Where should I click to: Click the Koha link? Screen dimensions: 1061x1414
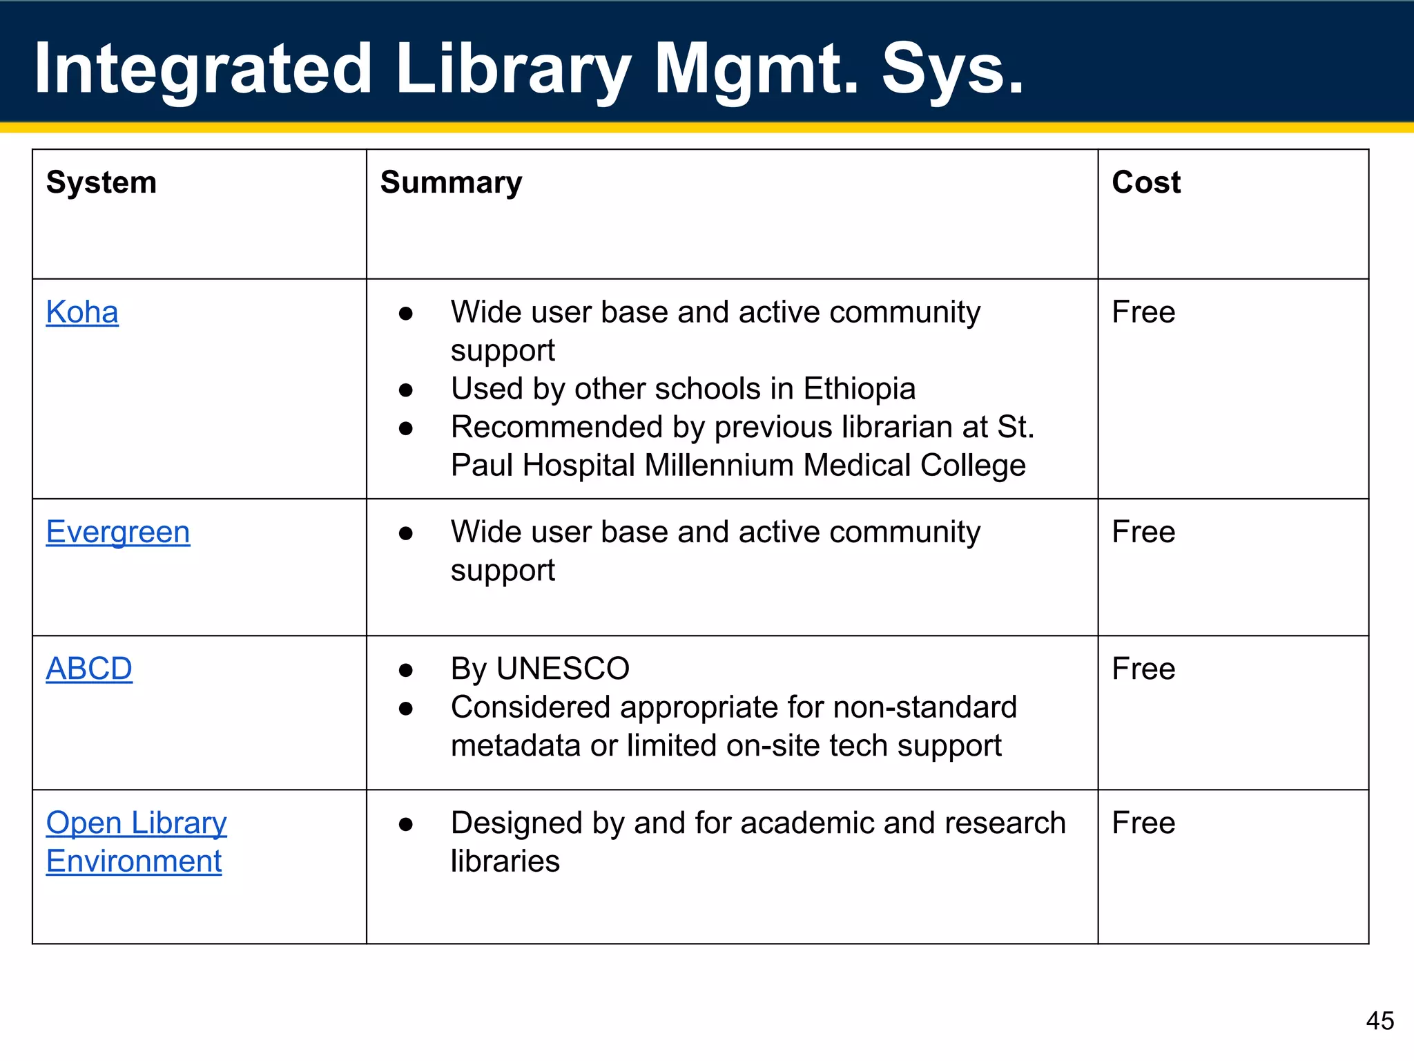coord(82,312)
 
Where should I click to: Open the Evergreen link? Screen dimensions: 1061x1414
coord(118,532)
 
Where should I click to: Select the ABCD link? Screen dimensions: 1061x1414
coord(89,669)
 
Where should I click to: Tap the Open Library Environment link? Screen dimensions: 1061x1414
coord(136,841)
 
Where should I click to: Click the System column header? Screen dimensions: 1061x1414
coord(101,182)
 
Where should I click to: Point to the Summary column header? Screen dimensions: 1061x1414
coord(451,182)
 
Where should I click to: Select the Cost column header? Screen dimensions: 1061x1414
coord(1146,182)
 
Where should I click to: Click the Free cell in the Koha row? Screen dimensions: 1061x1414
coord(1143,312)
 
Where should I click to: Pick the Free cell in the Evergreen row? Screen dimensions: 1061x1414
coord(1143,532)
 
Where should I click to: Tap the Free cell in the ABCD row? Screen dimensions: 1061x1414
coord(1143,669)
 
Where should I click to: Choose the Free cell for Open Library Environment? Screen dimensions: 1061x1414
coord(1143,823)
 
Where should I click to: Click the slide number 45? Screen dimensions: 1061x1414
coord(1379,1020)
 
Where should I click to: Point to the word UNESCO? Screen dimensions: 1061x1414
coord(563,669)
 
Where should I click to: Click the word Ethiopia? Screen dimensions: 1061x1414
coord(859,389)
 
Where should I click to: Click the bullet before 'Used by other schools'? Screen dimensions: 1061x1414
coord(406,390)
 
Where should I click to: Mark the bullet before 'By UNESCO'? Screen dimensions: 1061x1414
coord(406,670)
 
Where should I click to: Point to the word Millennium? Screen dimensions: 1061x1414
coord(719,466)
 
